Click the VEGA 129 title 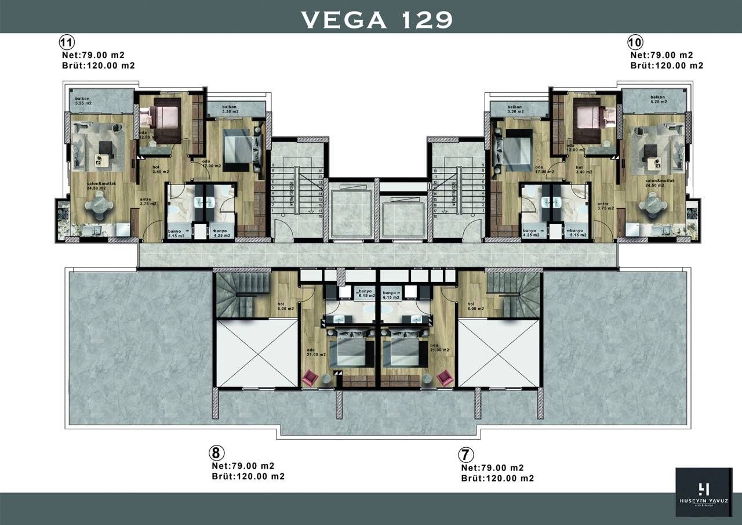[376, 19]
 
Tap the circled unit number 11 [66, 42]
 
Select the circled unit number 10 [635, 42]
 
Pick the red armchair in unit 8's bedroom [311, 378]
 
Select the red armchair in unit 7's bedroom [445, 378]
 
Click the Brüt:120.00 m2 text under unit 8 [248, 477]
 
